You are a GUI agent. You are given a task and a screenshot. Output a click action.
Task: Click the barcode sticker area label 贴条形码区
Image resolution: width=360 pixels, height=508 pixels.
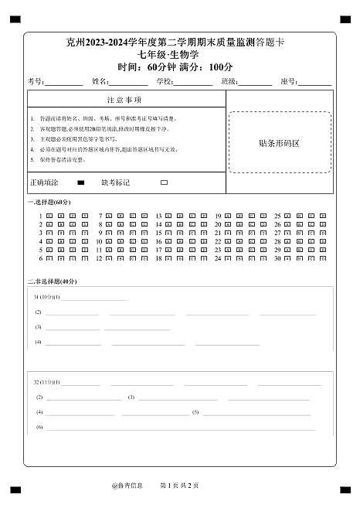[x=279, y=143]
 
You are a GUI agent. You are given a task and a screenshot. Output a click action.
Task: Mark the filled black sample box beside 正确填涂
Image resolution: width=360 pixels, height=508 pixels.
[x=81, y=183]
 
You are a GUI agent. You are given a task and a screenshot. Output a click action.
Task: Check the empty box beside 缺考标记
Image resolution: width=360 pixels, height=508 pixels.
[x=164, y=183]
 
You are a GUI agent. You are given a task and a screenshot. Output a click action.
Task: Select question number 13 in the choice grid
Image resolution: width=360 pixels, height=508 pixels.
[x=158, y=216]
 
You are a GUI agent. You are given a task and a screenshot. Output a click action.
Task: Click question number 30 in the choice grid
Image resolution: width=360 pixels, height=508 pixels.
[x=277, y=258]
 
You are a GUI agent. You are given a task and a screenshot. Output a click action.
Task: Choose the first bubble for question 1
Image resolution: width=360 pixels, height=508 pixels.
[x=49, y=216]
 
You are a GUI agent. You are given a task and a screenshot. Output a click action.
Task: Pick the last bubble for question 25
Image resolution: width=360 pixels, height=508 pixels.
[x=323, y=216]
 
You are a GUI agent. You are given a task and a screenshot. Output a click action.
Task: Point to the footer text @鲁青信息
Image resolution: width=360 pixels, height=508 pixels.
[x=127, y=486]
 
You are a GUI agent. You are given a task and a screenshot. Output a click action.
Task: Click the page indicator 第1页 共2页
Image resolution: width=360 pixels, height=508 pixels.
[x=179, y=486]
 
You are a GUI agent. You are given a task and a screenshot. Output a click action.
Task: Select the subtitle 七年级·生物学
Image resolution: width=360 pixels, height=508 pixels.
[x=179, y=54]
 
